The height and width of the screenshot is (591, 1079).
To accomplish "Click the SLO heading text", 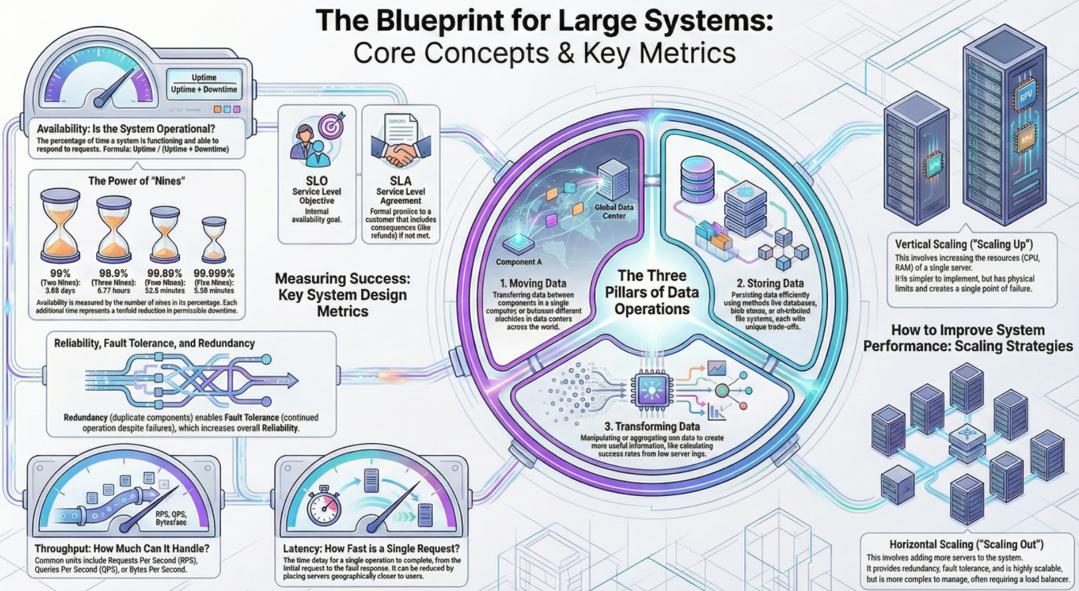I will click(x=317, y=181).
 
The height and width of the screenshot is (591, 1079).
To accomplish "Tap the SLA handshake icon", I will click(x=400, y=155).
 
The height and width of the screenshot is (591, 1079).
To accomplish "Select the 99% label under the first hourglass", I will click(x=60, y=274).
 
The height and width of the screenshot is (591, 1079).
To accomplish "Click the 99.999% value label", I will click(x=214, y=274).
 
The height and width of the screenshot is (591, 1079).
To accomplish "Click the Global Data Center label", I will click(x=614, y=211).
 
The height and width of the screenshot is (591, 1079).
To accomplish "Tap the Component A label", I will click(x=519, y=262).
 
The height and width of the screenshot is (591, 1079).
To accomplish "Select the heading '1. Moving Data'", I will click(x=533, y=284).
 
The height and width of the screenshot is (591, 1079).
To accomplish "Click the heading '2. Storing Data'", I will click(x=770, y=284).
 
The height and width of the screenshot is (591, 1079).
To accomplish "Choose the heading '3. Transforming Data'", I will click(x=652, y=426).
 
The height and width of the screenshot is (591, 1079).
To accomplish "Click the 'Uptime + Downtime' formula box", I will click(x=204, y=89).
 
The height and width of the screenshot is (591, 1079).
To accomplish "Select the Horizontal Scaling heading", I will click(x=966, y=545).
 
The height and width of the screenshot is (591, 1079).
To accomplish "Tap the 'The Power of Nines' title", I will click(x=137, y=181).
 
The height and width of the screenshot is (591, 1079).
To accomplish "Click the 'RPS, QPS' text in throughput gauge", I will click(x=171, y=515).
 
